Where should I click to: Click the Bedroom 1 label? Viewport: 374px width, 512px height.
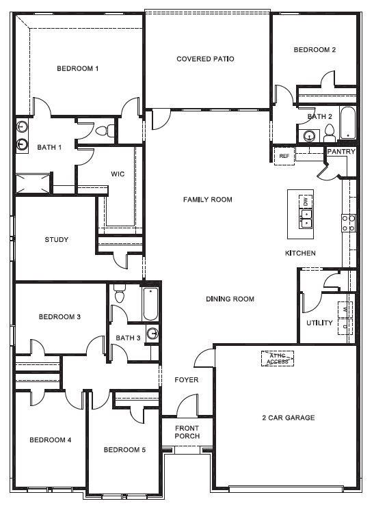(77, 68)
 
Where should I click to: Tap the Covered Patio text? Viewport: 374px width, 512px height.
(205, 59)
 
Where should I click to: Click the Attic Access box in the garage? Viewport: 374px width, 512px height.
(277, 358)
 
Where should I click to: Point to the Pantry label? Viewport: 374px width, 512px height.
(340, 151)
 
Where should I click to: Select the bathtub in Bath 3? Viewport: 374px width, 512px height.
(151, 304)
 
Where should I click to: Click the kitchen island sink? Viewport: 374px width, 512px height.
(306, 218)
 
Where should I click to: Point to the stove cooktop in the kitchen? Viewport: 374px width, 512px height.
(348, 221)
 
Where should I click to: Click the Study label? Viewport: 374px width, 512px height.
(56, 239)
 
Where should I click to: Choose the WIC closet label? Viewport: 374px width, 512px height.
(118, 174)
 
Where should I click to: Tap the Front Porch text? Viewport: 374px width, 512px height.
(187, 431)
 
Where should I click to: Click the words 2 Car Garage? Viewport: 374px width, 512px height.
(288, 417)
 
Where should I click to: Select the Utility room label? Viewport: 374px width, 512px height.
(319, 323)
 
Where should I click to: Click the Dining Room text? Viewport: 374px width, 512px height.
(230, 299)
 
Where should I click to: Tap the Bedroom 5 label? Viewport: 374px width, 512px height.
(124, 450)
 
